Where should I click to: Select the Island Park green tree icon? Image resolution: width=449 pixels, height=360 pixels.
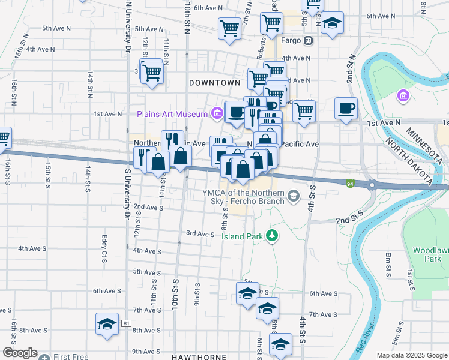tap(273, 235)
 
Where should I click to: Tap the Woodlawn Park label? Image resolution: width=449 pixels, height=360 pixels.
tap(427, 254)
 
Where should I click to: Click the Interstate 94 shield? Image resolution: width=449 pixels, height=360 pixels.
tap(350, 182)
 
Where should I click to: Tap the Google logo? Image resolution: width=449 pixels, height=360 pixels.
tap(20, 353)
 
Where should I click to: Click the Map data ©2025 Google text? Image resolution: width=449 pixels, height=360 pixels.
tap(412, 355)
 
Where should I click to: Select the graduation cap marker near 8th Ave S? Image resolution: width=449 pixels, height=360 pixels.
tap(107, 324)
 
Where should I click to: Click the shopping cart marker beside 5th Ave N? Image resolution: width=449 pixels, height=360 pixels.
tap(229, 28)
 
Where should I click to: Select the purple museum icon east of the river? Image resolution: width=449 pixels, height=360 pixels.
tap(403, 95)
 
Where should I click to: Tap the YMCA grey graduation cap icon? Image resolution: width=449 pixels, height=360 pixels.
tap(294, 196)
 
